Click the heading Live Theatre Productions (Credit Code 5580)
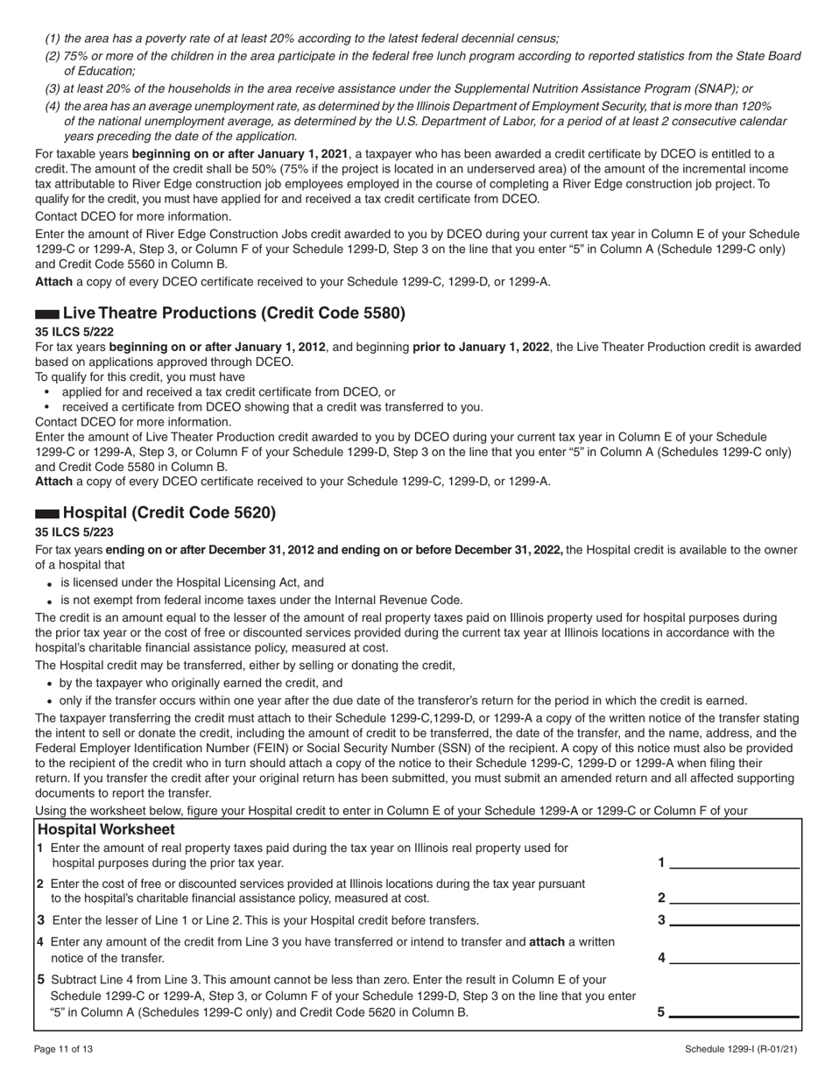pyautogui.click(x=234, y=313)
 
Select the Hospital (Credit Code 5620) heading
pyautogui.click(x=169, y=513)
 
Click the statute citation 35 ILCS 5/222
pyautogui.click(x=74, y=332)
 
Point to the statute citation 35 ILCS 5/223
pyautogui.click(x=74, y=531)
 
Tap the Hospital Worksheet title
pyautogui.click(x=106, y=829)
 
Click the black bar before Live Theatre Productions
pyautogui.click(x=47, y=314)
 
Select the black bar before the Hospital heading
pyautogui.click(x=47, y=514)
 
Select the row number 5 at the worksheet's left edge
pyautogui.click(x=40, y=980)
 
